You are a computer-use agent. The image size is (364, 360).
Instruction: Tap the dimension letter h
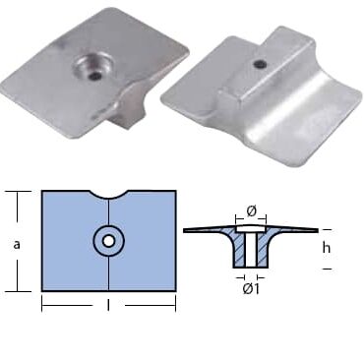[x=326, y=248]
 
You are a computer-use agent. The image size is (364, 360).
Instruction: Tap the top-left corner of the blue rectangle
[x=42, y=192]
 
